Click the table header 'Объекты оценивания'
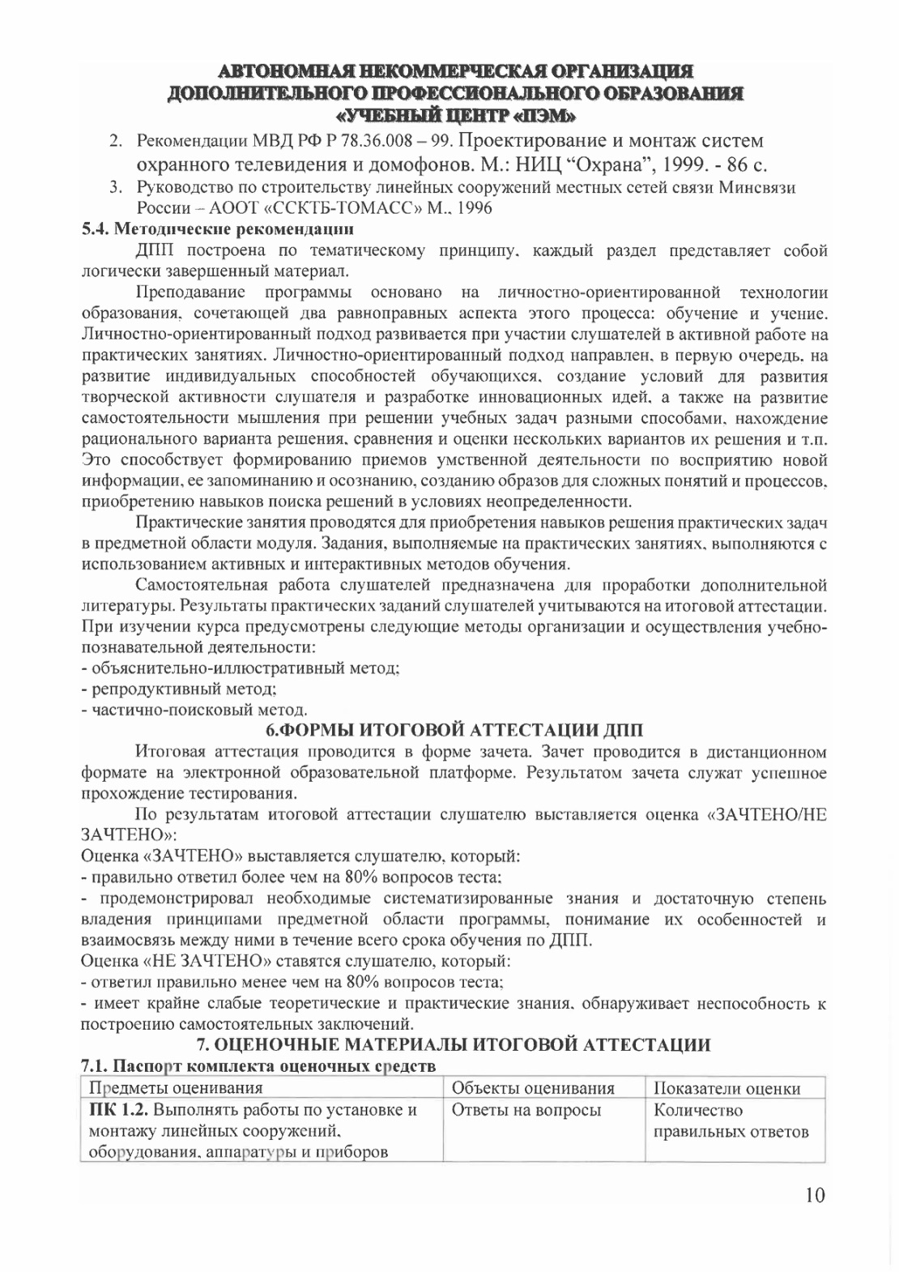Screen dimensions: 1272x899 pyautogui.click(x=532, y=1087)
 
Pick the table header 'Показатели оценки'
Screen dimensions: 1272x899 pyautogui.click(x=726, y=1087)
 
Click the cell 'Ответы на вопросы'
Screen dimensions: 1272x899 pyautogui.click(x=526, y=1109)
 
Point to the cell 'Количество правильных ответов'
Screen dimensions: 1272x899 pyautogui.click(x=731, y=1120)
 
